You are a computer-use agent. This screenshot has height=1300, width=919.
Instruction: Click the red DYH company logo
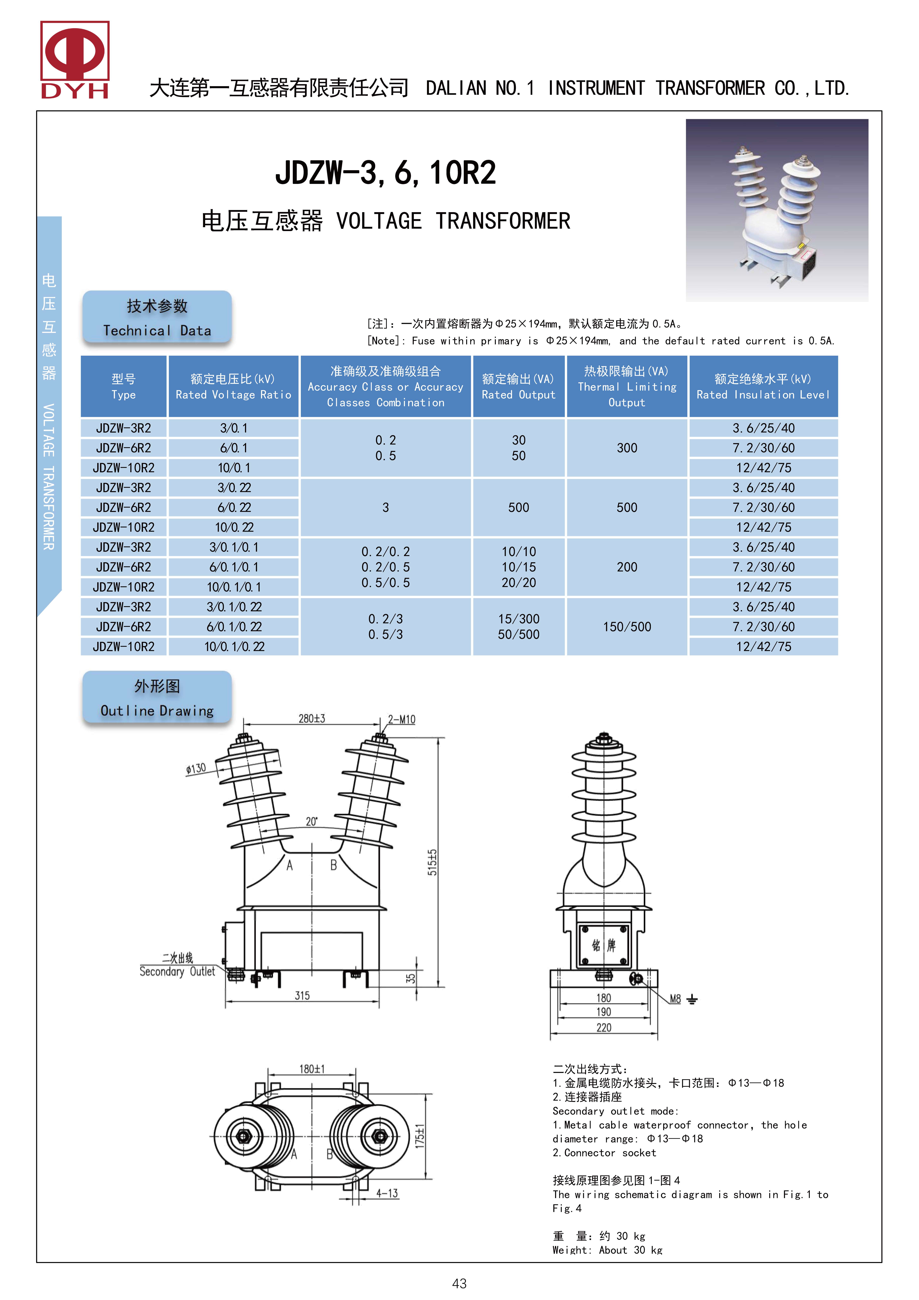click(x=75, y=60)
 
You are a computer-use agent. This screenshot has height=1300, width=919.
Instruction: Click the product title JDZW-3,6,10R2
click(x=386, y=173)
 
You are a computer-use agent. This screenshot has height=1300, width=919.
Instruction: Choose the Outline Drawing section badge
click(x=157, y=698)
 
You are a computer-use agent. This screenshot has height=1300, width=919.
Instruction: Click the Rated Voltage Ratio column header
click(x=233, y=387)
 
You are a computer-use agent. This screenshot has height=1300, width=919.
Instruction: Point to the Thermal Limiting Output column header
click(x=627, y=387)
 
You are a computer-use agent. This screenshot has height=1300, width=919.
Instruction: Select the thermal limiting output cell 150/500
click(x=627, y=627)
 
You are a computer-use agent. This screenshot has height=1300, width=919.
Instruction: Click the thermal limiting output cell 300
click(x=627, y=448)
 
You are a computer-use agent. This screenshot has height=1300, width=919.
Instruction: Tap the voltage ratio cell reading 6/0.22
click(x=234, y=507)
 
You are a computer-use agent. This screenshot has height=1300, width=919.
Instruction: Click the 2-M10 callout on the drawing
click(x=401, y=720)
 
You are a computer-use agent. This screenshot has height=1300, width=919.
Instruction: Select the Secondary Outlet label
click(x=177, y=972)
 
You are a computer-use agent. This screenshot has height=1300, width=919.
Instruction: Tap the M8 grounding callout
click(x=675, y=999)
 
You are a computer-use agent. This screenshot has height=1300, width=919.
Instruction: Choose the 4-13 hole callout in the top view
click(x=387, y=1194)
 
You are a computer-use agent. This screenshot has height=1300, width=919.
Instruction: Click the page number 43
click(x=459, y=1284)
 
